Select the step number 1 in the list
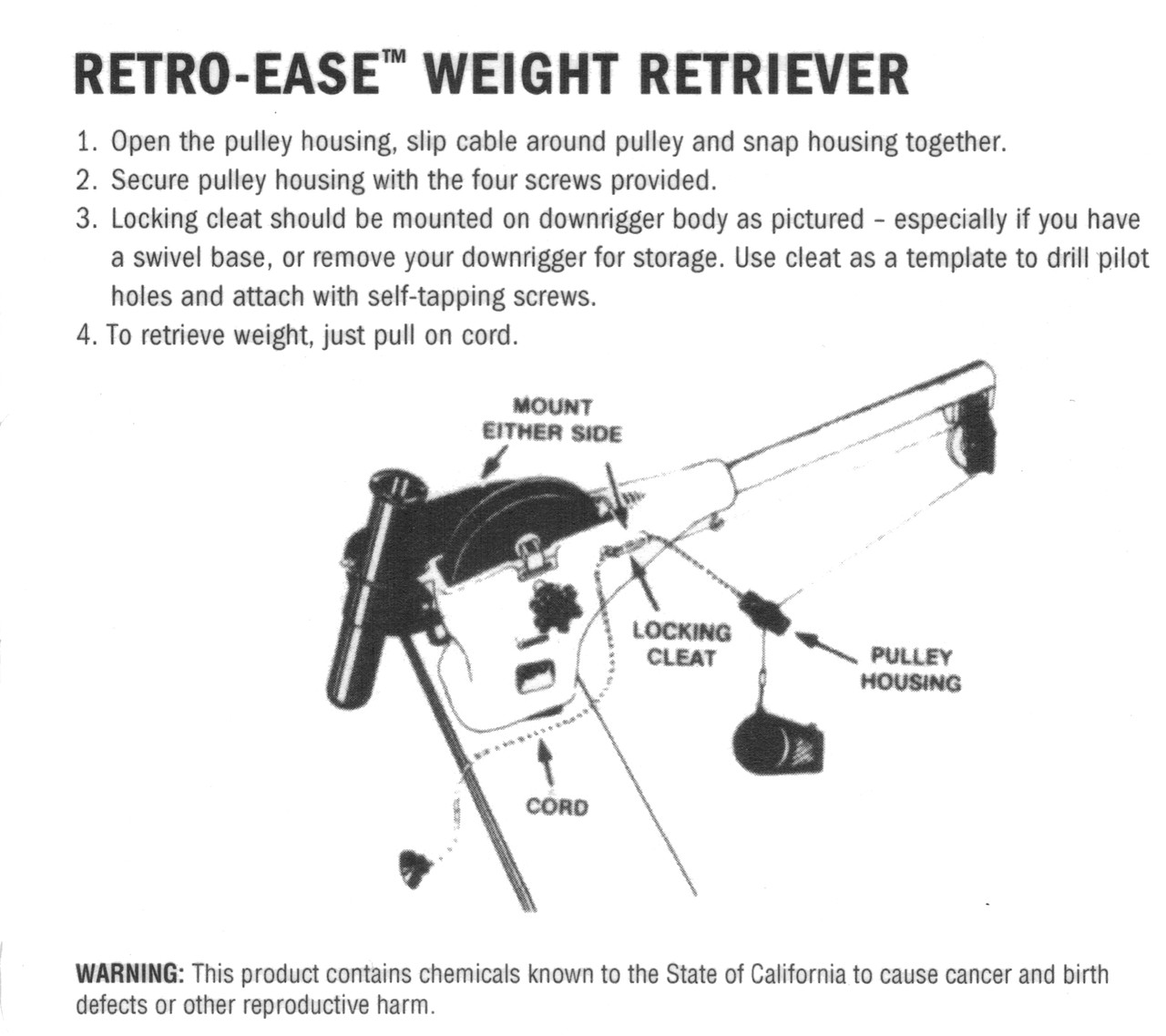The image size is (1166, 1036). (x=86, y=143)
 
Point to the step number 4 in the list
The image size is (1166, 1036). (x=86, y=335)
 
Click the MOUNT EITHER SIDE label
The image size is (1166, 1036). (x=552, y=420)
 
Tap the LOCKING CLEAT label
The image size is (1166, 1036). (x=681, y=643)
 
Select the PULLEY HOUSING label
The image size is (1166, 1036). (x=910, y=669)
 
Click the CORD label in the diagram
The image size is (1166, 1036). (x=557, y=807)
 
